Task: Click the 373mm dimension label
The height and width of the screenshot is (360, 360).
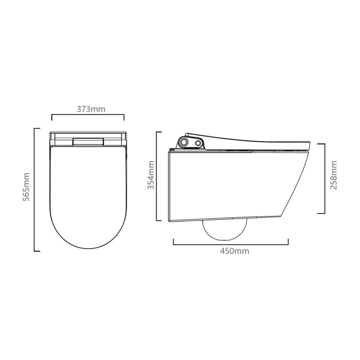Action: [x=88, y=109]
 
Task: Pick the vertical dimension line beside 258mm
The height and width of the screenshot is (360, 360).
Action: [x=324, y=178]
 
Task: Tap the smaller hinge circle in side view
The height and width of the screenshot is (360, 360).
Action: [x=198, y=143]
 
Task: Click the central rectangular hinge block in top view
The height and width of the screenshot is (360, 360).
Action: [x=88, y=142]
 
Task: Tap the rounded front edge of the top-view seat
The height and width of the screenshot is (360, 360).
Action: [x=88, y=248]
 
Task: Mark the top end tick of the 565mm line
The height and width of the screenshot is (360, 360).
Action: [x=37, y=128]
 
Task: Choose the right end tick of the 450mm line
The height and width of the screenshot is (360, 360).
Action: [x=288, y=242]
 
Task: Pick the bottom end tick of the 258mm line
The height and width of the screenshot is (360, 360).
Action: [x=321, y=213]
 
